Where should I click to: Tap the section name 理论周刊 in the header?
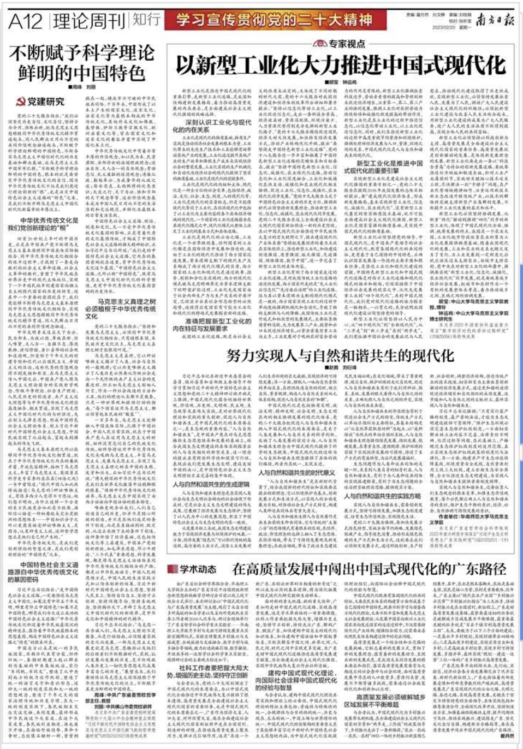click(x=89, y=21)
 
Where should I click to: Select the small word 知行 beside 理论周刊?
click(x=146, y=20)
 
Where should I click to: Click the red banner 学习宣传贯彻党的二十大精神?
click(x=275, y=21)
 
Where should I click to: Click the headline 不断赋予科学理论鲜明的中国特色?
click(x=81, y=63)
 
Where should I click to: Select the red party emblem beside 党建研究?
click(x=21, y=102)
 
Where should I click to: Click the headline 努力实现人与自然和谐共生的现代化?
click(x=340, y=356)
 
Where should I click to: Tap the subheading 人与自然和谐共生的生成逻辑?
click(x=211, y=484)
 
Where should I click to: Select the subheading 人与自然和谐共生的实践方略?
click(x=382, y=496)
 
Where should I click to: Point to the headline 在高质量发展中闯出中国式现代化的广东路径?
click(x=369, y=569)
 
